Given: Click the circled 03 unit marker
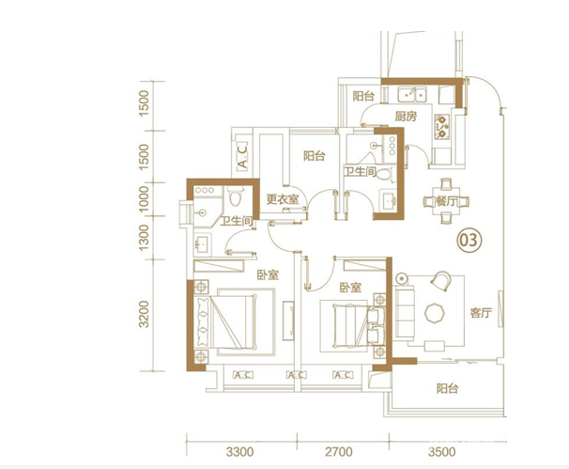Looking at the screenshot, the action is tap(469, 240).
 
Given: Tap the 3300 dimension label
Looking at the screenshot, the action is tap(239, 452).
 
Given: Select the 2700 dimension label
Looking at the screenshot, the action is tap(339, 452).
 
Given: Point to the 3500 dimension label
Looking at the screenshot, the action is tap(441, 452).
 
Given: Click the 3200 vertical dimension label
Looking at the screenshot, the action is tap(144, 314).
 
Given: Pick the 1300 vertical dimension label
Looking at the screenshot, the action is tap(144, 238).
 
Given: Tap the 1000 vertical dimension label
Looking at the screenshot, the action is tap(144, 199).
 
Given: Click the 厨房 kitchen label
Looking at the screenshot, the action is tap(406, 117).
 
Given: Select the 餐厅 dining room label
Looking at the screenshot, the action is tap(447, 201).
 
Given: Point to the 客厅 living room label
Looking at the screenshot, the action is tap(481, 312).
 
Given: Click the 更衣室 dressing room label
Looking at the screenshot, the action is tap(283, 198).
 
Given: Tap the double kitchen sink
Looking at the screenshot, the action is tap(412, 94).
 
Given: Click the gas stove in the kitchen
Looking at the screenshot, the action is tap(442, 127).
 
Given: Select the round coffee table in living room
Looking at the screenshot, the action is tap(435, 313).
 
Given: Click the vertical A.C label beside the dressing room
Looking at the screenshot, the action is tap(242, 156).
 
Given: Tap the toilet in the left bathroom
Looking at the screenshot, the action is tap(236, 196).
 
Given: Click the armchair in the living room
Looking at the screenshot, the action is tap(441, 281).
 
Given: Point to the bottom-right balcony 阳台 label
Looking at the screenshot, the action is tap(448, 389).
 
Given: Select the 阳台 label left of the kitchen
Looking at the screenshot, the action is tap(363, 96).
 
